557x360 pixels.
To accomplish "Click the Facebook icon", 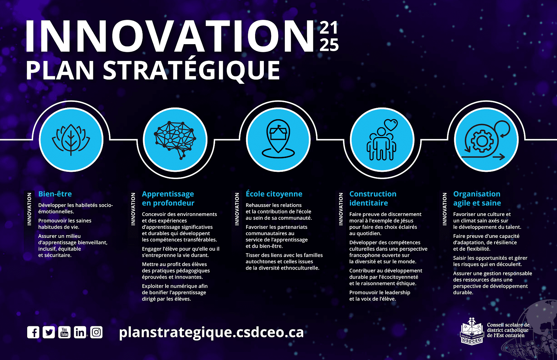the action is click(33, 332).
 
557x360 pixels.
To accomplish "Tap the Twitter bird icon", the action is click(49, 332).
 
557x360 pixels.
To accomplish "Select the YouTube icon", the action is click(64, 332).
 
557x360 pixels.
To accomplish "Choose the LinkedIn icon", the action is click(80, 332).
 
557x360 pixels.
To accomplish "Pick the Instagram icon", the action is click(96, 332).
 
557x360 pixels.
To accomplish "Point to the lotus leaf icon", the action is click(71, 139).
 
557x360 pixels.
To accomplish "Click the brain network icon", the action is click(175, 140).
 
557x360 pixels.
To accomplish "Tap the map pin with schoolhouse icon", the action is click(278, 139).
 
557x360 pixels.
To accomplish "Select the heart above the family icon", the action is click(391, 125).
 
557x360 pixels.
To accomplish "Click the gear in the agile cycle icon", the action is click(482, 141).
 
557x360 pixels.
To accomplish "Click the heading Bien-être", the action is click(55, 194).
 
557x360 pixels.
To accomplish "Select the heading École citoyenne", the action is click(274, 194).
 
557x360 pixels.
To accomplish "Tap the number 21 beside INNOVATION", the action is click(329, 27).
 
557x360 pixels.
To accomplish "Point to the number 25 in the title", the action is click(329, 45).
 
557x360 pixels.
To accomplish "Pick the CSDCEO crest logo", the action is click(472, 331).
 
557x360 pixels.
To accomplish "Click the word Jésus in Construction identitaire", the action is click(406, 221).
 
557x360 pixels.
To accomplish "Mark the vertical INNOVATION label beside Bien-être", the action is click(29, 209).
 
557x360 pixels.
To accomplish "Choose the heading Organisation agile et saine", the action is click(477, 198).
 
